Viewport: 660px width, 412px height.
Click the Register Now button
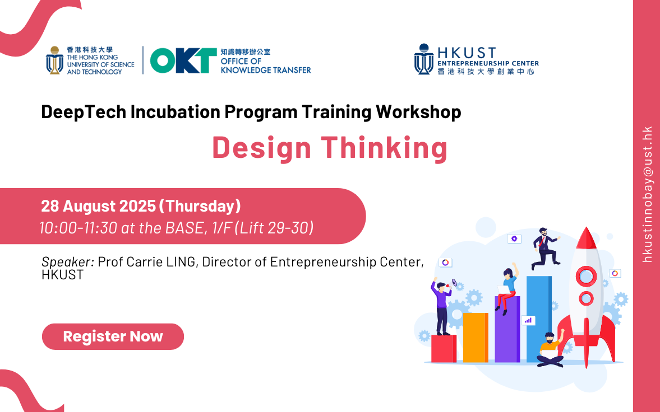point(113,336)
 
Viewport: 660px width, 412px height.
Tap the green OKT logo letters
point(183,60)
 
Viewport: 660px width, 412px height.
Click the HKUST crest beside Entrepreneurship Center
point(424,59)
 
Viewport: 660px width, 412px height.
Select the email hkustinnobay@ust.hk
point(647,194)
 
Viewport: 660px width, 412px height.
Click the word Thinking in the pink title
point(384,148)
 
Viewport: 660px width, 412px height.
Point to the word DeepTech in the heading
point(84,112)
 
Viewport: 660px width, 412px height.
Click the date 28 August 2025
point(99,206)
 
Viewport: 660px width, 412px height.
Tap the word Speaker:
point(68,262)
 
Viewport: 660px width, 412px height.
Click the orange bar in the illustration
point(476,337)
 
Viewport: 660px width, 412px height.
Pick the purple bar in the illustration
point(507,329)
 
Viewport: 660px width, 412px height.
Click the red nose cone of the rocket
point(586,238)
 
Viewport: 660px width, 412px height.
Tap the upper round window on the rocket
point(586,277)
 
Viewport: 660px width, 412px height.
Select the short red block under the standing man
point(444,349)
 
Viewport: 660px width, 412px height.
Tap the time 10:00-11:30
point(78,228)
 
